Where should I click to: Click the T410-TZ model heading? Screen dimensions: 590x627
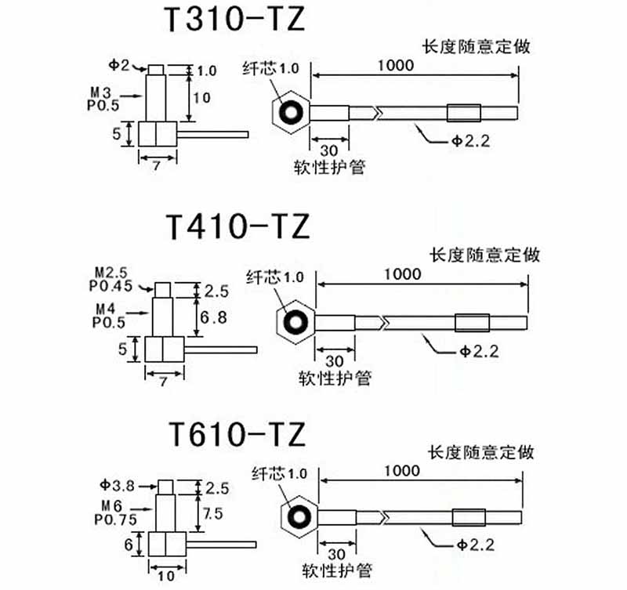coord(237,226)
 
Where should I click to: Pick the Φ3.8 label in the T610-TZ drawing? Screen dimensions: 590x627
coord(118,486)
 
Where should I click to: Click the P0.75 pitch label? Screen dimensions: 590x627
coord(115,518)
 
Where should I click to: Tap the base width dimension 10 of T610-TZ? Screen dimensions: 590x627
coord(165,576)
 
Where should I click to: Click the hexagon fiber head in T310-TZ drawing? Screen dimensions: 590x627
coord(292,112)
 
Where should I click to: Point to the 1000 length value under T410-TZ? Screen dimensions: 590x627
coord(403,273)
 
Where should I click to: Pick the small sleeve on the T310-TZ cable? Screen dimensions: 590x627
coord(460,113)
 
